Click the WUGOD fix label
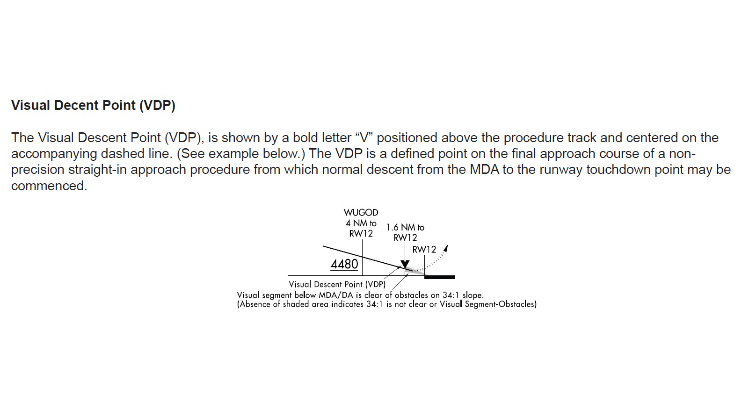coord(361,212)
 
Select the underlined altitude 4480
coord(344,264)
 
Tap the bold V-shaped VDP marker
coord(405,265)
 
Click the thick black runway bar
coord(439,277)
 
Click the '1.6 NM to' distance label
coord(405,228)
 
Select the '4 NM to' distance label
coord(361,223)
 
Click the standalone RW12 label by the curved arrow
coord(424,250)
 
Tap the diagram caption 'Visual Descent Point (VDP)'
coord(337,284)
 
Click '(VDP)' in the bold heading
coord(157,105)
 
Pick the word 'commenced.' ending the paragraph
coord(49,186)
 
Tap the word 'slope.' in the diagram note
coord(473,295)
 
